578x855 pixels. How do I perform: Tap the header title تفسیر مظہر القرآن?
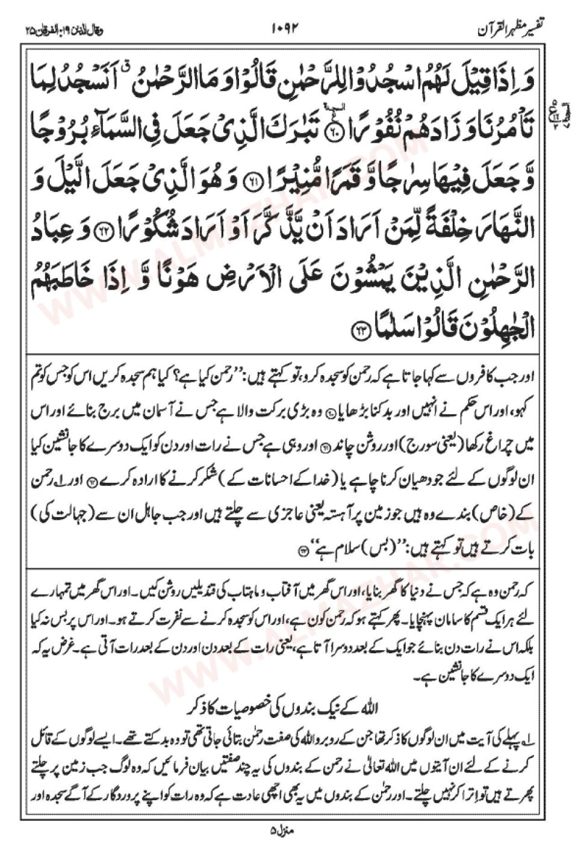tap(506, 28)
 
